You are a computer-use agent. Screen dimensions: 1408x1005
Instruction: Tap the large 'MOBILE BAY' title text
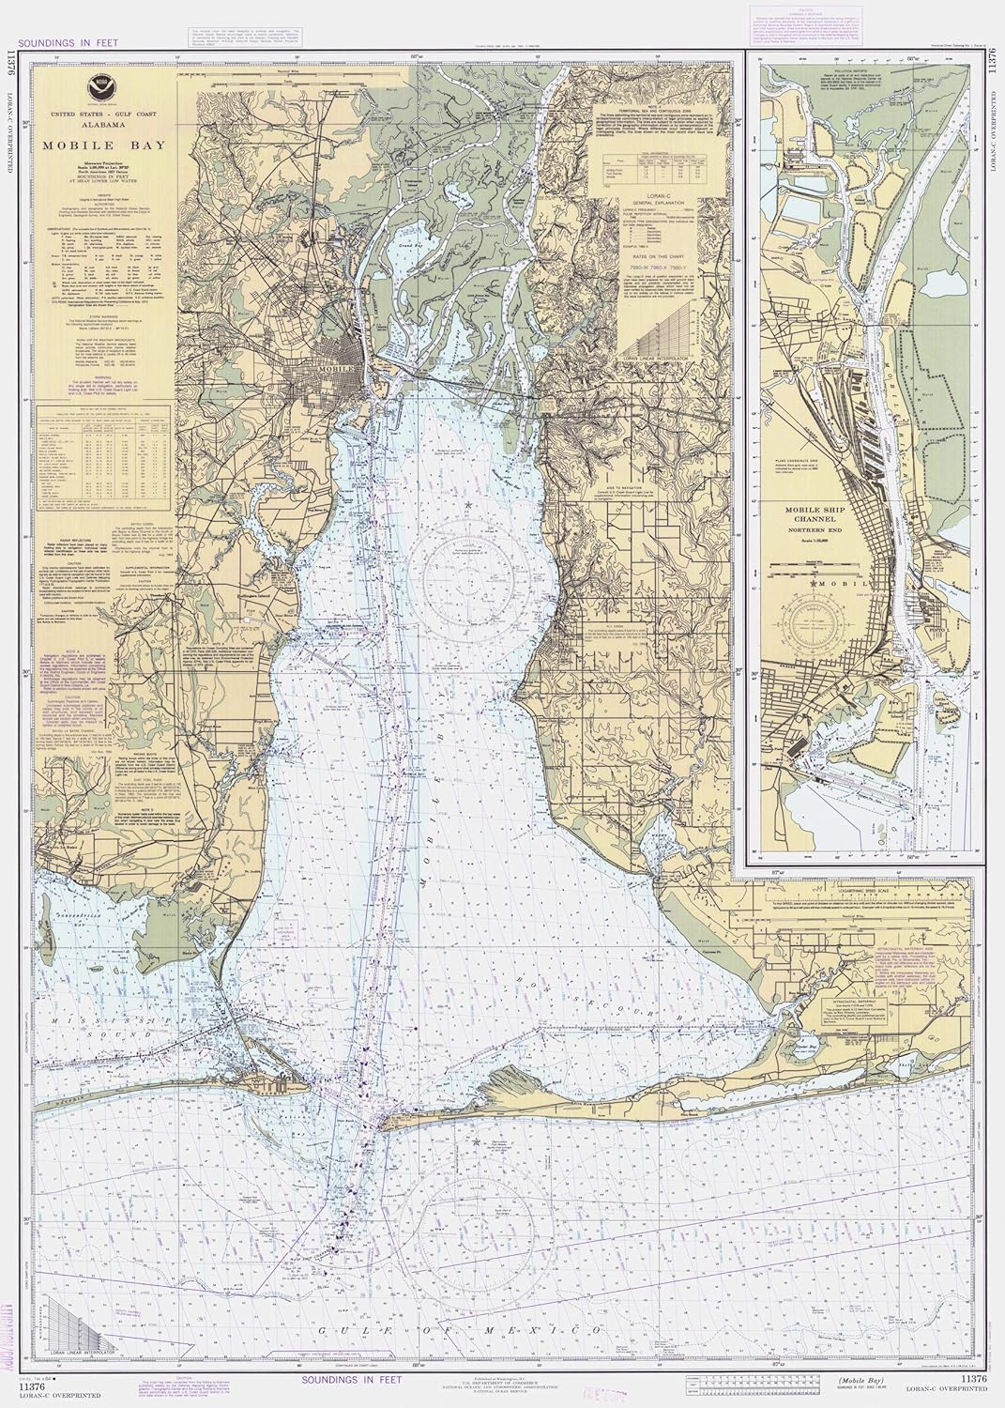coord(98,146)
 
